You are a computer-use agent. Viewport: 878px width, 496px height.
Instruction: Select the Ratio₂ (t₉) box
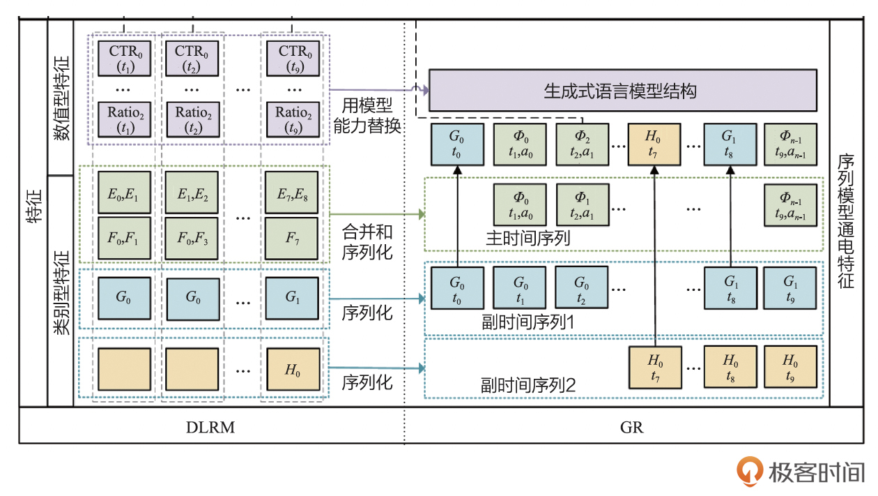point(293,119)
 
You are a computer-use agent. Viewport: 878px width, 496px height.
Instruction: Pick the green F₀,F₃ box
point(192,238)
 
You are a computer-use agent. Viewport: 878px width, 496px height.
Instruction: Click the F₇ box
point(292,238)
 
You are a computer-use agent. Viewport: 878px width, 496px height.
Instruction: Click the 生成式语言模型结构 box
point(622,91)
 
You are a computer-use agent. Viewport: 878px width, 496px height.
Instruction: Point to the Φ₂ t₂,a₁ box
point(582,144)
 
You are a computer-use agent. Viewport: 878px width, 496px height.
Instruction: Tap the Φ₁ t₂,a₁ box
point(582,204)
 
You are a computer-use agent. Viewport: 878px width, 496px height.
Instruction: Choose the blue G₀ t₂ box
point(582,287)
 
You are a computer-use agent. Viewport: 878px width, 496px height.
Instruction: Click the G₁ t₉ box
point(790,287)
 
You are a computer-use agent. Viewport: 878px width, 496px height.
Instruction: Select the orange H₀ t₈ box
point(730,367)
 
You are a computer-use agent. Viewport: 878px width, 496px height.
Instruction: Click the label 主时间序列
point(528,239)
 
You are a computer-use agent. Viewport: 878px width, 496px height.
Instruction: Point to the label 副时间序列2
point(527,384)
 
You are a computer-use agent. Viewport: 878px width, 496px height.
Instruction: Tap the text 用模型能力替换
point(367,117)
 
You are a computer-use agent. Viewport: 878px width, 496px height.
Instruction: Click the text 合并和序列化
point(367,241)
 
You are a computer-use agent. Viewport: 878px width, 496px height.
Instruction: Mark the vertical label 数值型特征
point(61,98)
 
